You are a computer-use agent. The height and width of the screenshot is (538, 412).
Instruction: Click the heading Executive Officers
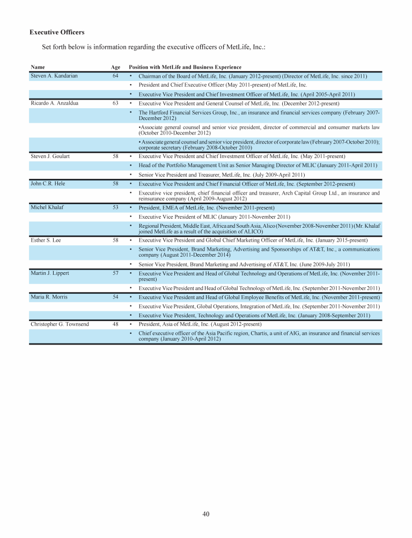[57, 32]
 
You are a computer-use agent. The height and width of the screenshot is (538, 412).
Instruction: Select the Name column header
[38, 67]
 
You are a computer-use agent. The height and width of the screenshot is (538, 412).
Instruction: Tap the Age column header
[115, 67]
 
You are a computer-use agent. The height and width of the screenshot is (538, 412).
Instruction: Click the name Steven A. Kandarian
[54, 76]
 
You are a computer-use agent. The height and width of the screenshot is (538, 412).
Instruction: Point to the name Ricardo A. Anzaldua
[55, 103]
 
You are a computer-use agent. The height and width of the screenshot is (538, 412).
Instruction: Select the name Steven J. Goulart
[50, 156]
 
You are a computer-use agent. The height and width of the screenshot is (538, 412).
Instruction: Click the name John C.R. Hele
[48, 183]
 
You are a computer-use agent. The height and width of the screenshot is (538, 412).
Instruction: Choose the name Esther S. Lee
[46, 241]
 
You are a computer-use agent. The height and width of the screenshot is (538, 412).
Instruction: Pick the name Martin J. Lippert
[50, 273]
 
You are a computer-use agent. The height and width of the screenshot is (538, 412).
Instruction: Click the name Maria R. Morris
[49, 297]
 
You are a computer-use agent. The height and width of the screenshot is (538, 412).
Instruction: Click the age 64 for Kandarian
[115, 76]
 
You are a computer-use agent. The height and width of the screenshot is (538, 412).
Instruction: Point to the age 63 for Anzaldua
[115, 103]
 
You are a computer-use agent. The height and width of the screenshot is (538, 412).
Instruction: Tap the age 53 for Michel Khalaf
[115, 207]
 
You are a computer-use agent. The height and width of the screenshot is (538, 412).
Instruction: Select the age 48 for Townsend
[115, 324]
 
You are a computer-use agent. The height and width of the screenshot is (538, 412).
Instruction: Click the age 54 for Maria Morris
[115, 297]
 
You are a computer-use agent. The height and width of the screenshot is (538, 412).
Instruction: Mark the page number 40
[206, 514]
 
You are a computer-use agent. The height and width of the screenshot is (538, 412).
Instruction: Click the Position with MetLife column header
[185, 67]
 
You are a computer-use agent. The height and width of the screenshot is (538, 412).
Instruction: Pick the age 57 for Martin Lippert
[115, 273]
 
